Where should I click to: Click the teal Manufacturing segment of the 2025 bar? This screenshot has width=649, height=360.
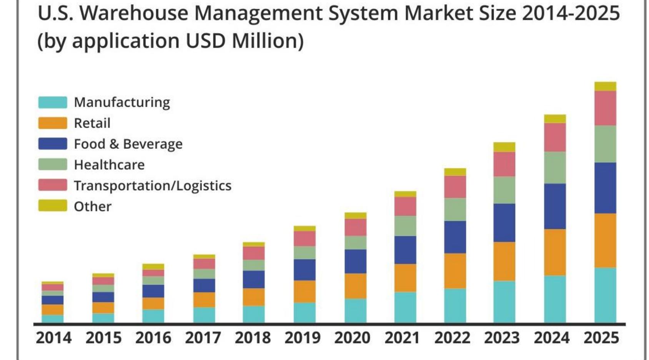point(605,295)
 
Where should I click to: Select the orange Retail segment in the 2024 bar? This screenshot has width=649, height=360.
point(555,252)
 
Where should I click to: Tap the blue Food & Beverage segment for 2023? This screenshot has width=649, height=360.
point(504,222)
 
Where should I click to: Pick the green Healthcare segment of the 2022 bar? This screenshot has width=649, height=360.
point(455,209)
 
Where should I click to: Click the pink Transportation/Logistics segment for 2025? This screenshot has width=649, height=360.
point(605,108)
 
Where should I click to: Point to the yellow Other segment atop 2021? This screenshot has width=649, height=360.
point(405,194)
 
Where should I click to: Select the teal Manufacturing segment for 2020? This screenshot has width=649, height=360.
point(355,310)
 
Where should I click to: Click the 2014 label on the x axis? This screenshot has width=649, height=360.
point(54,338)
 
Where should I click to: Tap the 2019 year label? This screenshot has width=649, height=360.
point(303,338)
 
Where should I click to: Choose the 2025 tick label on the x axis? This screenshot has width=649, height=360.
point(601,338)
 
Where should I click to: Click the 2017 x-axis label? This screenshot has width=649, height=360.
point(203,338)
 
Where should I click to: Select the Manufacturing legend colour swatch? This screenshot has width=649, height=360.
point(53,102)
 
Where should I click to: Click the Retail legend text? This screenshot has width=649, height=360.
point(92,123)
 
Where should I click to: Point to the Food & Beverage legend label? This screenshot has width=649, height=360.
point(128,144)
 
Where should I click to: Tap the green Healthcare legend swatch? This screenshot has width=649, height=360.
point(53,165)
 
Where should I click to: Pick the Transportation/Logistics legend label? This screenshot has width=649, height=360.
point(153,185)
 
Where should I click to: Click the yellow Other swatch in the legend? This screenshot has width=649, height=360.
point(53,206)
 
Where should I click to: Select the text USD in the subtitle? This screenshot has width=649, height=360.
point(205,41)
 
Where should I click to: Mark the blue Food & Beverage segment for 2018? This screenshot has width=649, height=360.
point(254,279)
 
